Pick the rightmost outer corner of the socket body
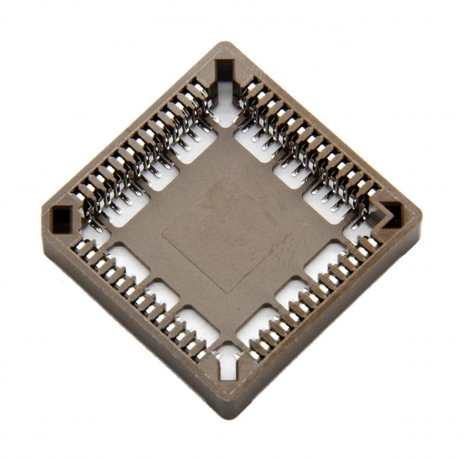422,215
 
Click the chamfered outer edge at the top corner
225,44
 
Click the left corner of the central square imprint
163,232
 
